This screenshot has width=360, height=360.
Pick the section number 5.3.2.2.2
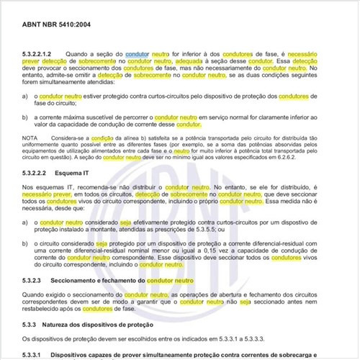pos(37,175)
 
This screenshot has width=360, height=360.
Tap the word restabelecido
pos(46,309)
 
